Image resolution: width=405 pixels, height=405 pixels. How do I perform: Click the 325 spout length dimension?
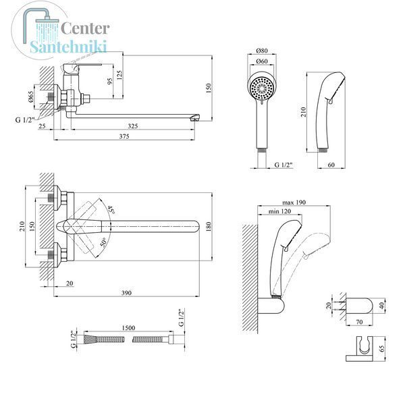pyautogui.click(x=133, y=126)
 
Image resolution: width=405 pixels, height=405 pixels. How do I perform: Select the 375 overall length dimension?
pyautogui.click(x=124, y=136)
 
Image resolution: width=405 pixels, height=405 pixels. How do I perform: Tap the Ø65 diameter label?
pyautogui.click(x=30, y=97)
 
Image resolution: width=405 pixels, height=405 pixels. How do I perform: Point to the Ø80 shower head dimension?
pyautogui.click(x=262, y=51)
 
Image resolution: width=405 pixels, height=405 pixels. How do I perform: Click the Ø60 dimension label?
pyautogui.click(x=262, y=61)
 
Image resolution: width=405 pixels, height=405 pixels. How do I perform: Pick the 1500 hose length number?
pyautogui.click(x=128, y=328)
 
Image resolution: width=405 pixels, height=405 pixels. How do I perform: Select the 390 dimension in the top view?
pyautogui.click(x=126, y=293)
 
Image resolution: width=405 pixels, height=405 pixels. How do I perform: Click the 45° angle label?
pyautogui.click(x=111, y=209)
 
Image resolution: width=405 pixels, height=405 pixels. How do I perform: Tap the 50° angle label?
pyautogui.click(x=103, y=242)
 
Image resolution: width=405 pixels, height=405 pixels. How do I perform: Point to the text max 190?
pyautogui.click(x=294, y=202)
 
